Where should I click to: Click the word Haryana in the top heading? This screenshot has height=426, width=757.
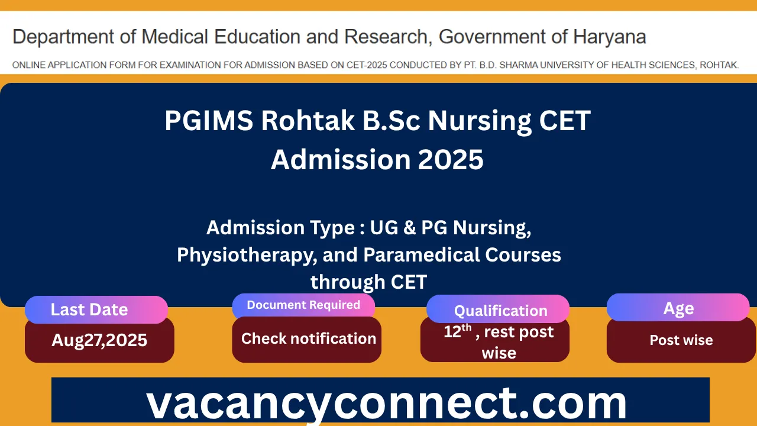click(x=609, y=37)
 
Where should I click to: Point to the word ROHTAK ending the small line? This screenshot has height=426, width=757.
click(x=719, y=65)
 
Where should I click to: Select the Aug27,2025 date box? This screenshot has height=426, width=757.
click(x=99, y=340)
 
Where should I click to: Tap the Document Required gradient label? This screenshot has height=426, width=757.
click(x=303, y=305)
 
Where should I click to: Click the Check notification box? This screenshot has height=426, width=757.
click(x=308, y=339)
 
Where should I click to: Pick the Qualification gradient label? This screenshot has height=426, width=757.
click(x=500, y=311)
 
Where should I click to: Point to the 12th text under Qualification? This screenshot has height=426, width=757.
click(x=457, y=331)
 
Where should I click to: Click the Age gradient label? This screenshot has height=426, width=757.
click(x=678, y=308)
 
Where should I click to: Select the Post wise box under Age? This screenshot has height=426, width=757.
click(x=681, y=340)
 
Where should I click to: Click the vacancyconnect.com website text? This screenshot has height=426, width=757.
click(x=386, y=403)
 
